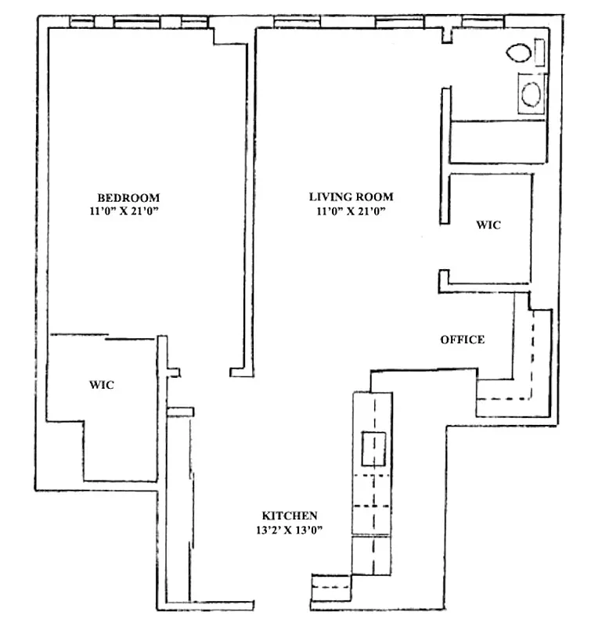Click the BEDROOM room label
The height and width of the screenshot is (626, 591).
click(128, 197)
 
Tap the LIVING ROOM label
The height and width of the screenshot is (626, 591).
click(351, 197)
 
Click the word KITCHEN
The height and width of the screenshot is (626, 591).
click(290, 516)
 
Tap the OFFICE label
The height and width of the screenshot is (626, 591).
click(462, 340)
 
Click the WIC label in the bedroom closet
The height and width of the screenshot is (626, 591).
click(102, 385)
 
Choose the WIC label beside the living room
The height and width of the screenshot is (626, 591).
click(488, 225)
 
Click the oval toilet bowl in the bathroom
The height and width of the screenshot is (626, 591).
click(518, 53)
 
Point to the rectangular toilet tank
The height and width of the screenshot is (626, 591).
click(539, 52)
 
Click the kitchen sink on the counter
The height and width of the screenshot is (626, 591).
click(373, 448)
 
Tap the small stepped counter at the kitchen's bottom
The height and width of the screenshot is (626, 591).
click(333, 587)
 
